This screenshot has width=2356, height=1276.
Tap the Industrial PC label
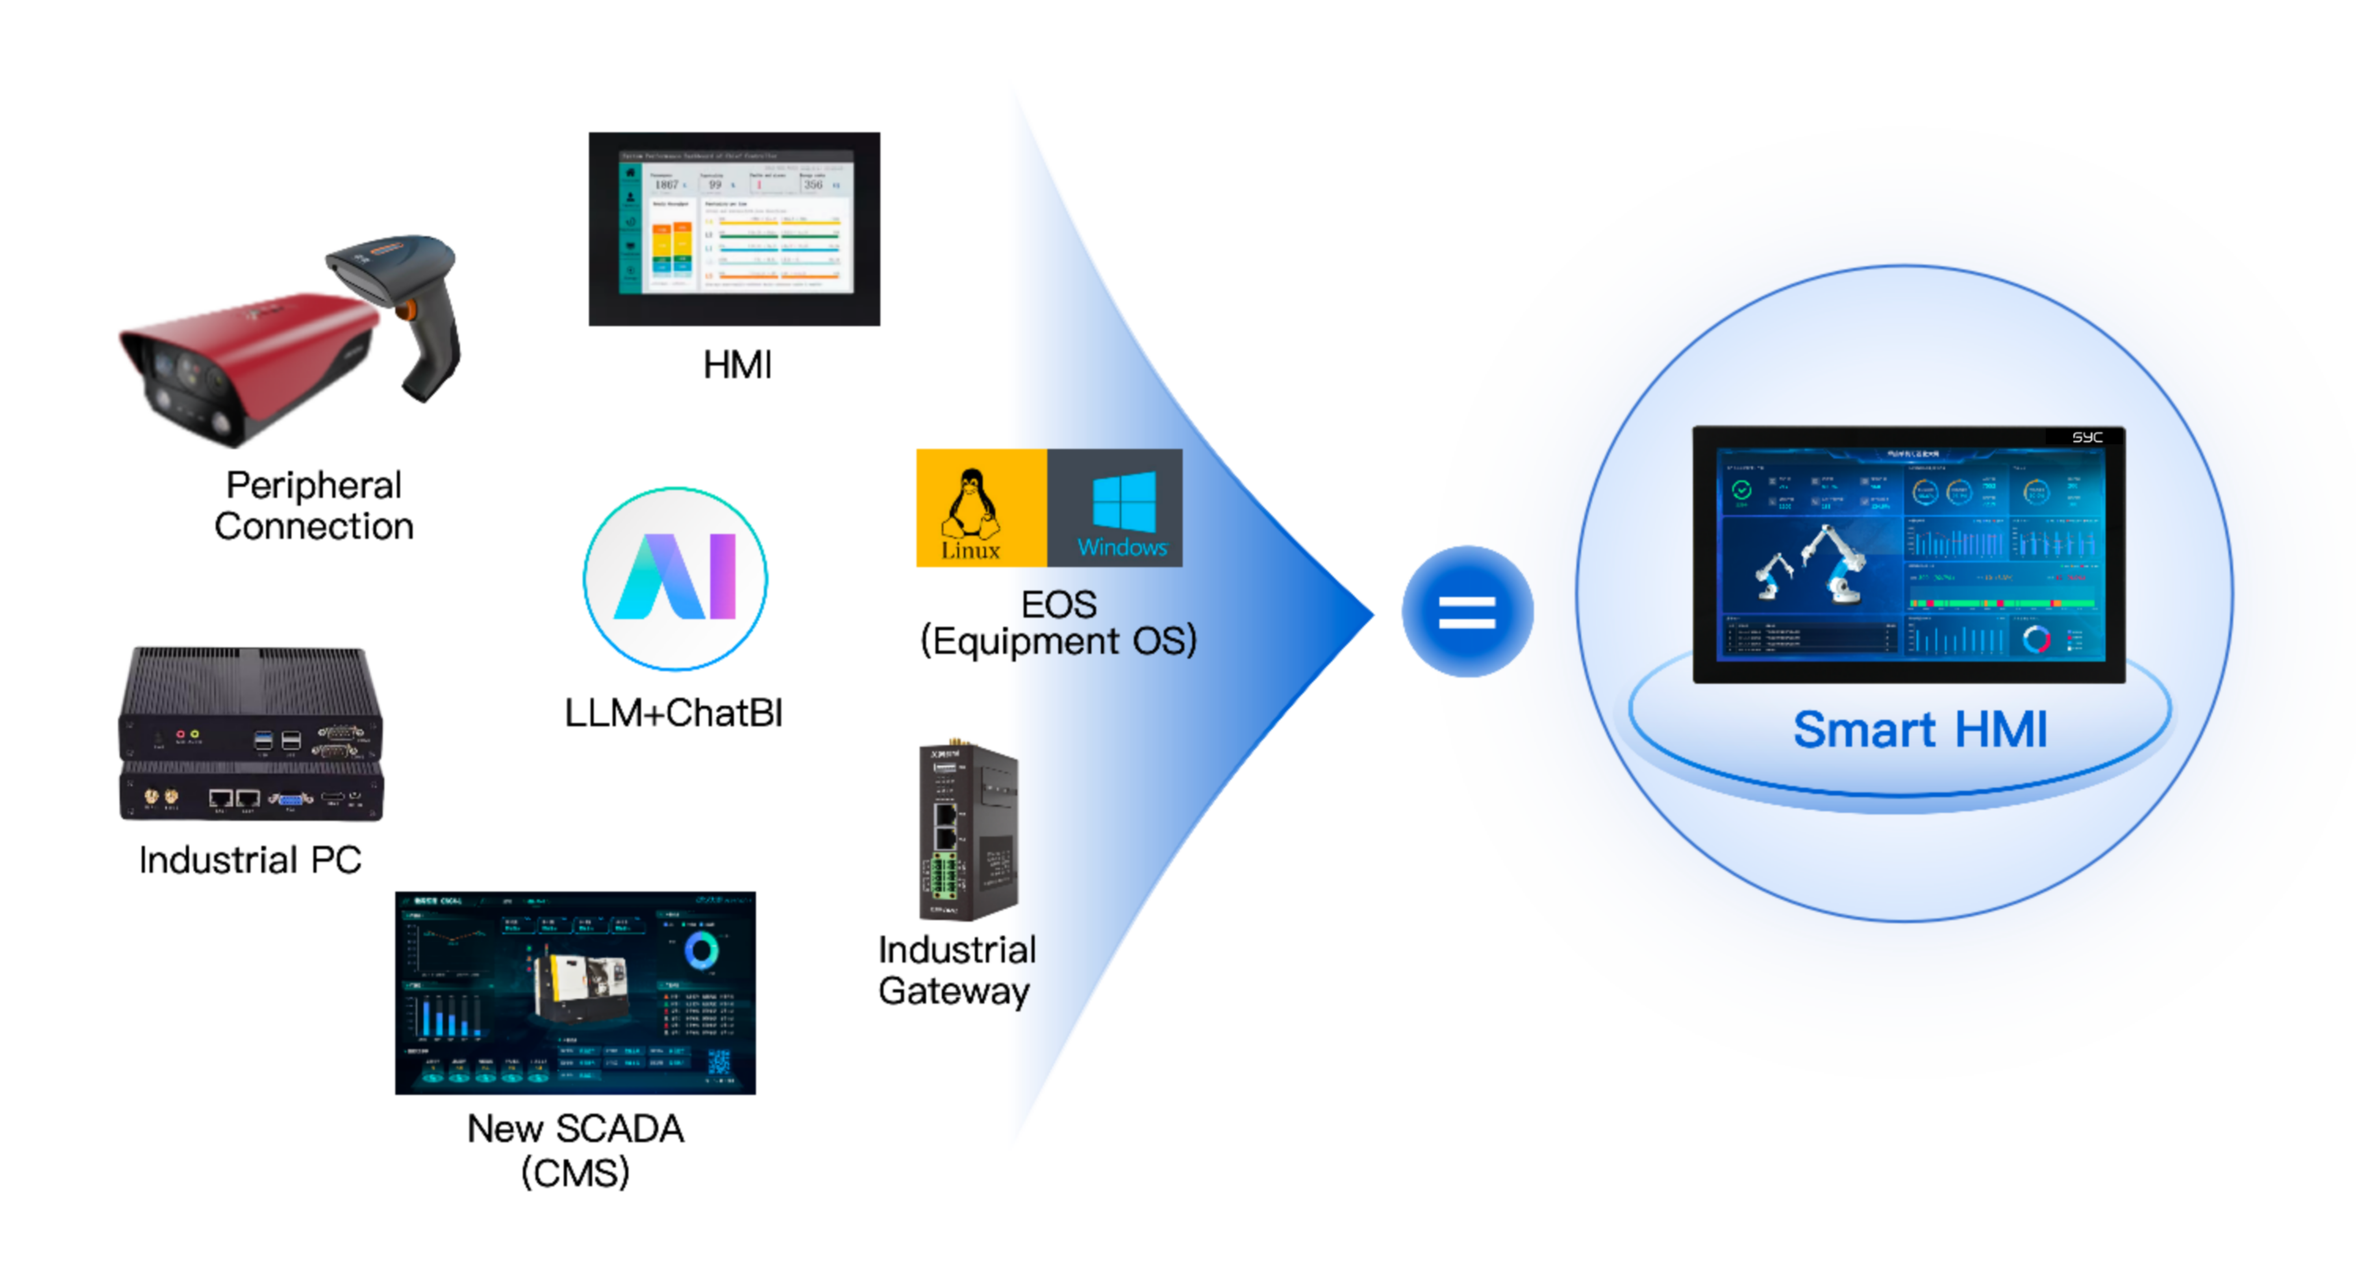[x=250, y=860]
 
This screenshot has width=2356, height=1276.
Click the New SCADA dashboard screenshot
[x=575, y=992]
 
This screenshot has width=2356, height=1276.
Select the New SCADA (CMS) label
[x=575, y=1150]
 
